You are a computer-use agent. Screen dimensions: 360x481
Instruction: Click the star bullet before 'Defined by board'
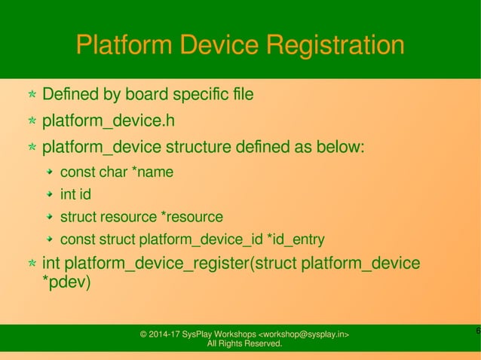pos(32,96)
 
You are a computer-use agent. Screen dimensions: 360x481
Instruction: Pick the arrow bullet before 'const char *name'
pos(49,172)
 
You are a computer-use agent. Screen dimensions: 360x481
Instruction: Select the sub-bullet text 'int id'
pos(75,195)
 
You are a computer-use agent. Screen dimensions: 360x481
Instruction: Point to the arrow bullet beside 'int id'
pos(49,195)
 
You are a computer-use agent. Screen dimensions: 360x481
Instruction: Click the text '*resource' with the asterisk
pos(192,218)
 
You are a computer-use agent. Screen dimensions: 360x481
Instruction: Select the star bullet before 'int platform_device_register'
pos(32,264)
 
